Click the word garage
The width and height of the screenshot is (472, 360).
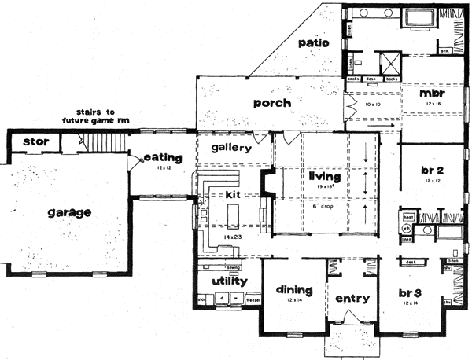click(68, 212)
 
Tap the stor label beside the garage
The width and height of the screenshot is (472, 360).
click(36, 141)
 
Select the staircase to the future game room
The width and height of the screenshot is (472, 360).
click(105, 142)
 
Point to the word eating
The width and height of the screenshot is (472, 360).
click(163, 158)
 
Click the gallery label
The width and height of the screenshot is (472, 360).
click(231, 147)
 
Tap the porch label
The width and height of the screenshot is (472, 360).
click(272, 103)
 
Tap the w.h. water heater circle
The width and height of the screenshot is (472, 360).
click(407, 229)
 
